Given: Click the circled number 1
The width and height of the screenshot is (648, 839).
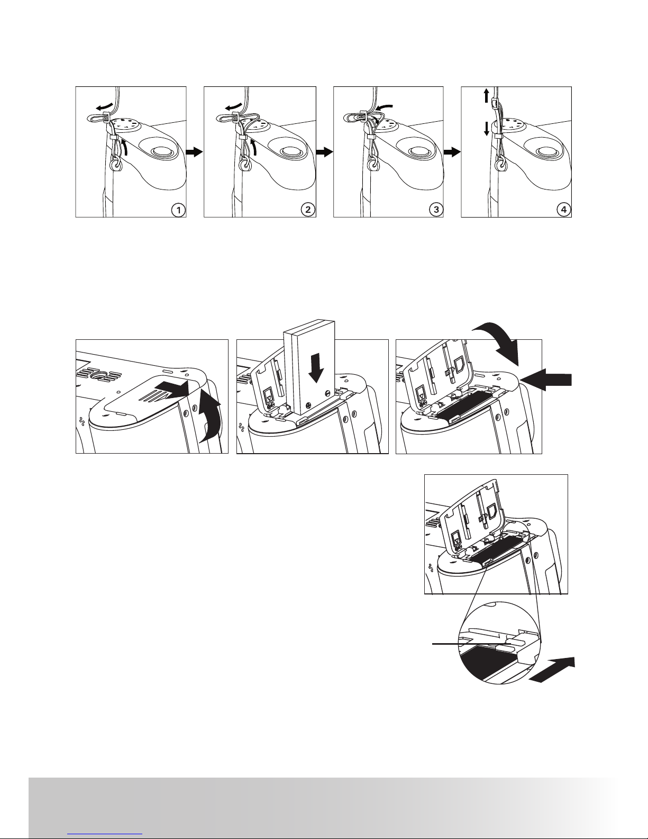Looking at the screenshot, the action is coord(178,210).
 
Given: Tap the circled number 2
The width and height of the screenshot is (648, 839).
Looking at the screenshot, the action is coord(308,210).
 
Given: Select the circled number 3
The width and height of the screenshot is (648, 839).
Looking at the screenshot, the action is coord(436,210).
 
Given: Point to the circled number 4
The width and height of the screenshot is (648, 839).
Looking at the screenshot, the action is coord(564,210).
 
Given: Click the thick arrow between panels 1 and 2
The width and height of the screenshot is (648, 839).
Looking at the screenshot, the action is coord(195,152).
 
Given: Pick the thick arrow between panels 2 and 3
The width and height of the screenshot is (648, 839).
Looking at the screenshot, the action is coord(324,152).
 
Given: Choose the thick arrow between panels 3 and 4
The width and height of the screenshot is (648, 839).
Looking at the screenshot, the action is coord(452,152).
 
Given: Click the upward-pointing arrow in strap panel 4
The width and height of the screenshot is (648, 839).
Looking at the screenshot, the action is coord(486,95).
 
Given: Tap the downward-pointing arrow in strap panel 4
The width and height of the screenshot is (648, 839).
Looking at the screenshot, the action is coord(486,129).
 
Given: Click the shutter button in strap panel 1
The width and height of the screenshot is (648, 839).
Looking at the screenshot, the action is coord(159,150).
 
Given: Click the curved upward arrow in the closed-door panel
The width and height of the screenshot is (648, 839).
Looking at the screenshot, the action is coord(211,417).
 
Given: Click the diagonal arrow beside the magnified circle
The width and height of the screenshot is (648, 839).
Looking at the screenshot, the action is coord(552,670).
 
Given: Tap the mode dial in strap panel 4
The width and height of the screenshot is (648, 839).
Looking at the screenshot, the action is coord(515,126).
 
